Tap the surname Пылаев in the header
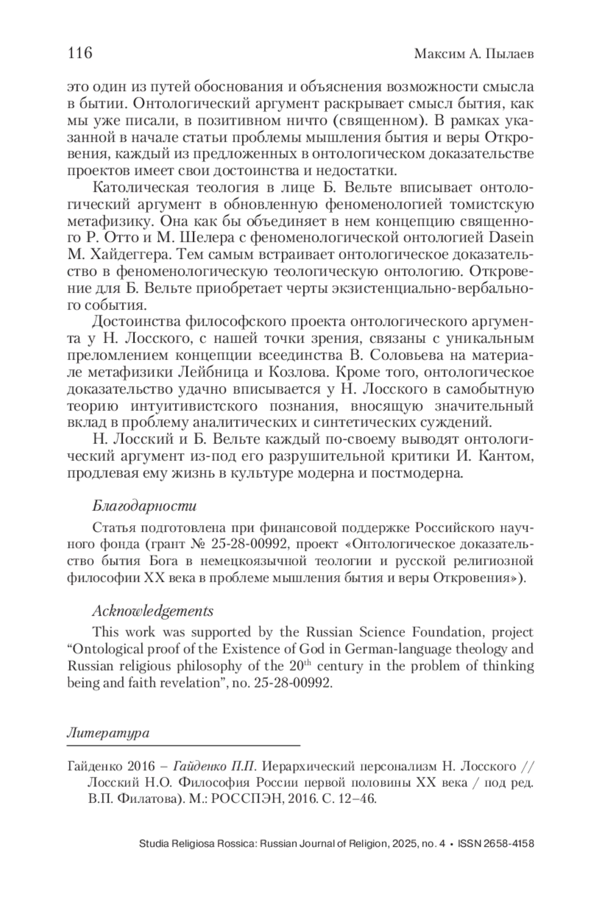pyautogui.click(x=509, y=53)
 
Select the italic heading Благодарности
pyautogui.click(x=144, y=505)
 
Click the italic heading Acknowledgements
pyautogui.click(x=153, y=611)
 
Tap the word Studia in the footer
pyautogui.click(x=154, y=844)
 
